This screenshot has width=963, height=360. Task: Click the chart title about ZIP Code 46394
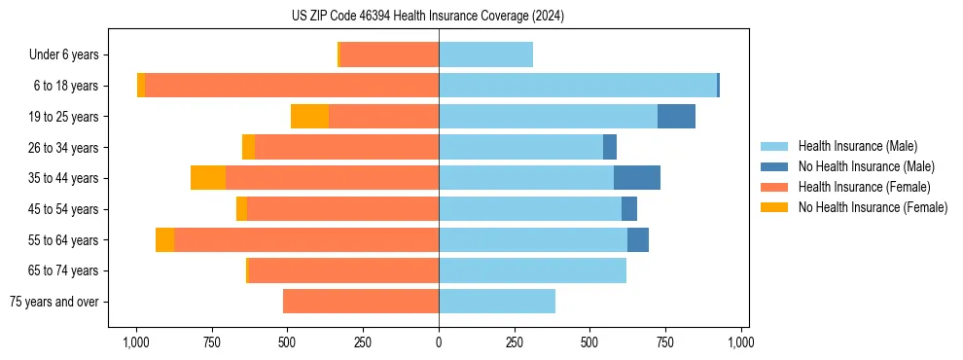428,16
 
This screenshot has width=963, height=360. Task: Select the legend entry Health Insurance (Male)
857,146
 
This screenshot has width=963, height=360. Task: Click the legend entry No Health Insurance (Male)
866,166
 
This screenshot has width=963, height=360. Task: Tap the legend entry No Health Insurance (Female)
873,207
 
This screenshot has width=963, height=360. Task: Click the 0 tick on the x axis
439,342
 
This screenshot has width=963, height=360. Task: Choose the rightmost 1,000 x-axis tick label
741,342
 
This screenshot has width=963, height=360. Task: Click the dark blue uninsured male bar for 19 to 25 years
676,117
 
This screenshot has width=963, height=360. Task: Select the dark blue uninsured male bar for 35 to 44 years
637,178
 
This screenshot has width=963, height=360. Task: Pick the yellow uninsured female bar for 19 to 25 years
309,117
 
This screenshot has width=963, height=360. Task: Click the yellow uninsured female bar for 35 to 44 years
208,178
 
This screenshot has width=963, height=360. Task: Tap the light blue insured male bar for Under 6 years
485,55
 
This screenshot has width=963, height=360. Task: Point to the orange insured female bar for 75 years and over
361,302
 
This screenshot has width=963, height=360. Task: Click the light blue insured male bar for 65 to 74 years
532,270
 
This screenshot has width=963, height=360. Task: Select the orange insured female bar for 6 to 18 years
292,86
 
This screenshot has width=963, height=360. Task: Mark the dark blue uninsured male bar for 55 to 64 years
638,239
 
